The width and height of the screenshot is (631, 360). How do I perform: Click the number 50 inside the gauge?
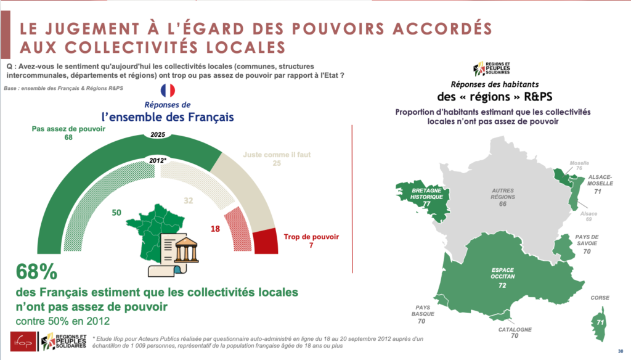pos(116,213)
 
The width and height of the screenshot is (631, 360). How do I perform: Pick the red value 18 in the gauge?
pos(214,228)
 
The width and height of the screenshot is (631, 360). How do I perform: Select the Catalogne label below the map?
pos(514,332)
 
